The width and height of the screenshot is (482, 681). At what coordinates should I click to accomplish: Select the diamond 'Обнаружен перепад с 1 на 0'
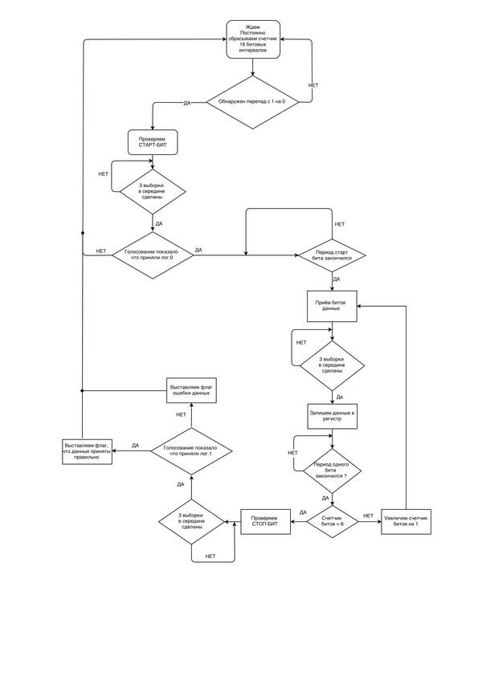point(252,102)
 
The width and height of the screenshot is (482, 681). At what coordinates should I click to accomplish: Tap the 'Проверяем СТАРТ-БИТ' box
point(152,142)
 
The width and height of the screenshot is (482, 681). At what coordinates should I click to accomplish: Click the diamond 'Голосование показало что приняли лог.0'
point(152,256)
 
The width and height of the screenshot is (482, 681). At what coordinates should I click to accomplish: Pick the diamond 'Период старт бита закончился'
point(333,256)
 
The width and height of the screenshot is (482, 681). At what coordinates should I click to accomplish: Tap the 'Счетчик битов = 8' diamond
point(332,521)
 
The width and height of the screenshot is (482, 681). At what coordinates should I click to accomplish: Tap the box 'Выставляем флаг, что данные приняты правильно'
point(87,451)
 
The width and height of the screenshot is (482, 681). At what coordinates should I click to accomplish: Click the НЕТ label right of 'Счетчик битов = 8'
point(369,515)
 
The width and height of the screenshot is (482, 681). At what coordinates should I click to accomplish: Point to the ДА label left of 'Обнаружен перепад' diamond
point(187,104)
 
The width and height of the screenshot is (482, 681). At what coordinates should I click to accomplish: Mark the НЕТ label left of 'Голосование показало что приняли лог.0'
point(101,251)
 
